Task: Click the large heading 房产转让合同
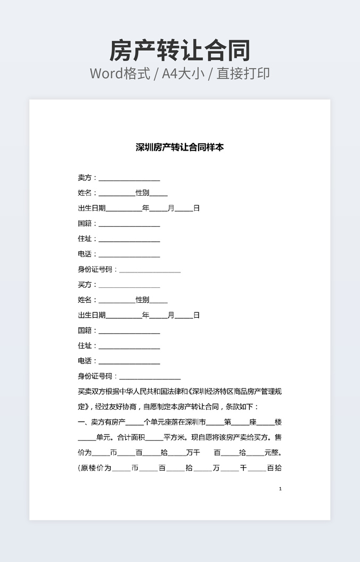[180, 51]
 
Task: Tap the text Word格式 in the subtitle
[119, 73]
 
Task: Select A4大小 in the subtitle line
[184, 73]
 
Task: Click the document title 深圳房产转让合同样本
[180, 147]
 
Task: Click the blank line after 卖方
[129, 179]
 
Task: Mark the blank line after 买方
[129, 286]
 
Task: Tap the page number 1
[280, 489]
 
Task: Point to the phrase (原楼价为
[94, 468]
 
